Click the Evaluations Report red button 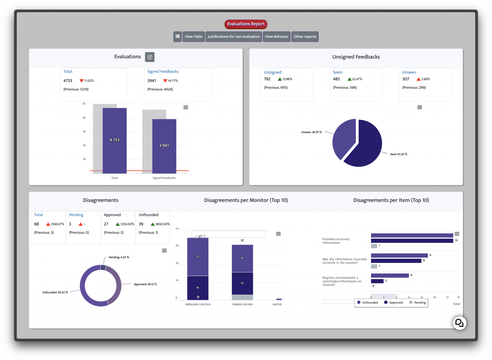[246, 24]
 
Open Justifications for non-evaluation [234, 37]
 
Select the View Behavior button [276, 37]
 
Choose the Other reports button [305, 37]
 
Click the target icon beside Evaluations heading [150, 57]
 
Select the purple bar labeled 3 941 [164, 146]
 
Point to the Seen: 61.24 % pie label [398, 154]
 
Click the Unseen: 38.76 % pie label [311, 132]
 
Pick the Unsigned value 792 [267, 79]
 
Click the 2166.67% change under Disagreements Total [57, 224]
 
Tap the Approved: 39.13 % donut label [145, 284]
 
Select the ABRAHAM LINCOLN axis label [198, 305]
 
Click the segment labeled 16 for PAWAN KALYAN [242, 258]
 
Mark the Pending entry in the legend [417, 302]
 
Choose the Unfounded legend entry [367, 302]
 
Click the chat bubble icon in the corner [459, 323]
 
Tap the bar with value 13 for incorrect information [412, 241]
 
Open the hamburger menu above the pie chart [420, 107]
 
